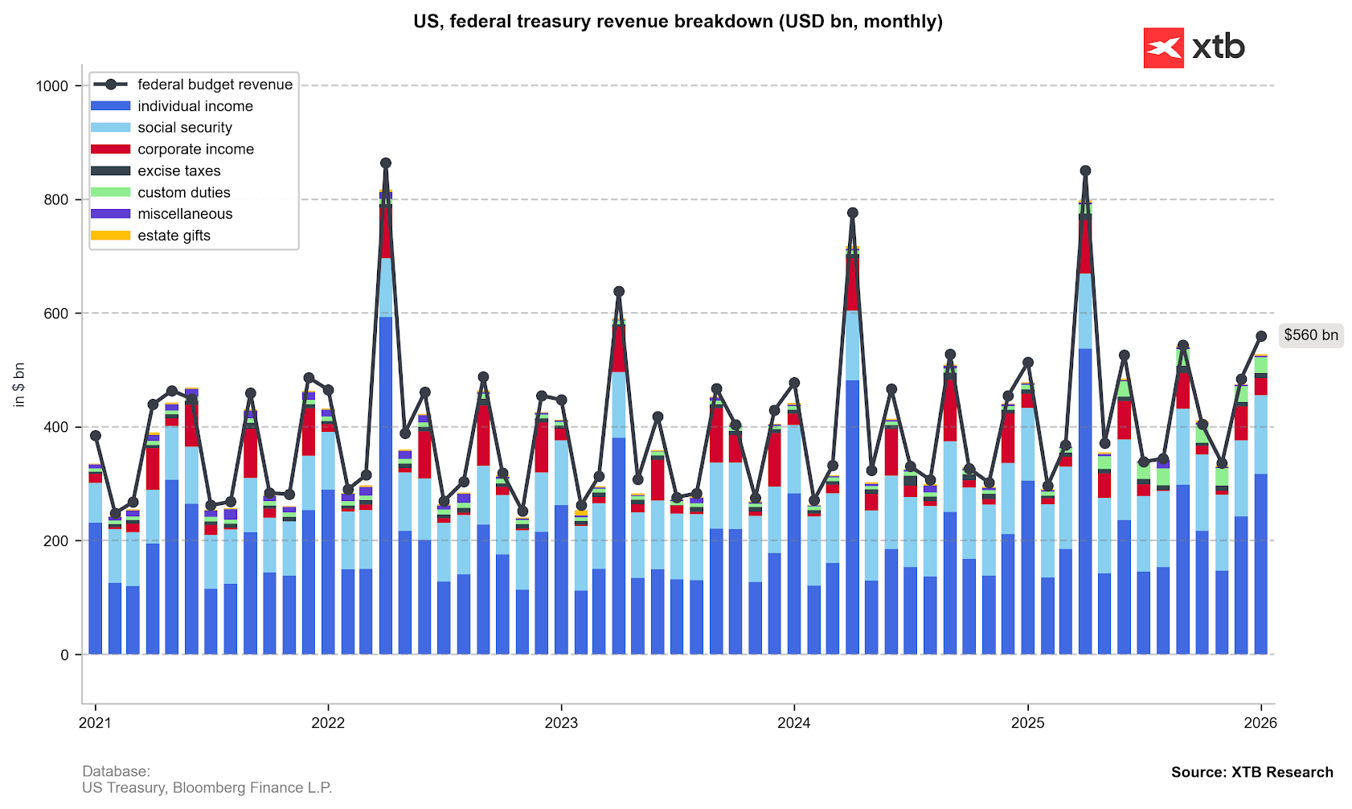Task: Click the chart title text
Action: (678, 22)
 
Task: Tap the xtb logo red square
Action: (1163, 48)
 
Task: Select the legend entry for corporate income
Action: (195, 150)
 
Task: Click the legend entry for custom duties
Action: (183, 193)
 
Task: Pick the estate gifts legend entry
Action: (174, 236)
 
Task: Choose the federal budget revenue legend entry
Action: (215, 84)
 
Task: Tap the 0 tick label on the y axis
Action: (64, 655)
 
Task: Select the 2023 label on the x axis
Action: (561, 723)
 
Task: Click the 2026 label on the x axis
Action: (1260, 723)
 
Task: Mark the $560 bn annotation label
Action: (1311, 335)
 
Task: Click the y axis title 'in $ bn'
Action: (19, 384)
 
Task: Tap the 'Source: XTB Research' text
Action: (1252, 772)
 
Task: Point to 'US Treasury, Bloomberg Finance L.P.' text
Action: (207, 788)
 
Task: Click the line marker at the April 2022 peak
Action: (386, 163)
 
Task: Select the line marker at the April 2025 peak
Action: (1085, 170)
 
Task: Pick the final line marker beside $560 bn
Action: (1261, 336)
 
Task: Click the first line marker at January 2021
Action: (96, 436)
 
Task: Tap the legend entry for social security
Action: (184, 128)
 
